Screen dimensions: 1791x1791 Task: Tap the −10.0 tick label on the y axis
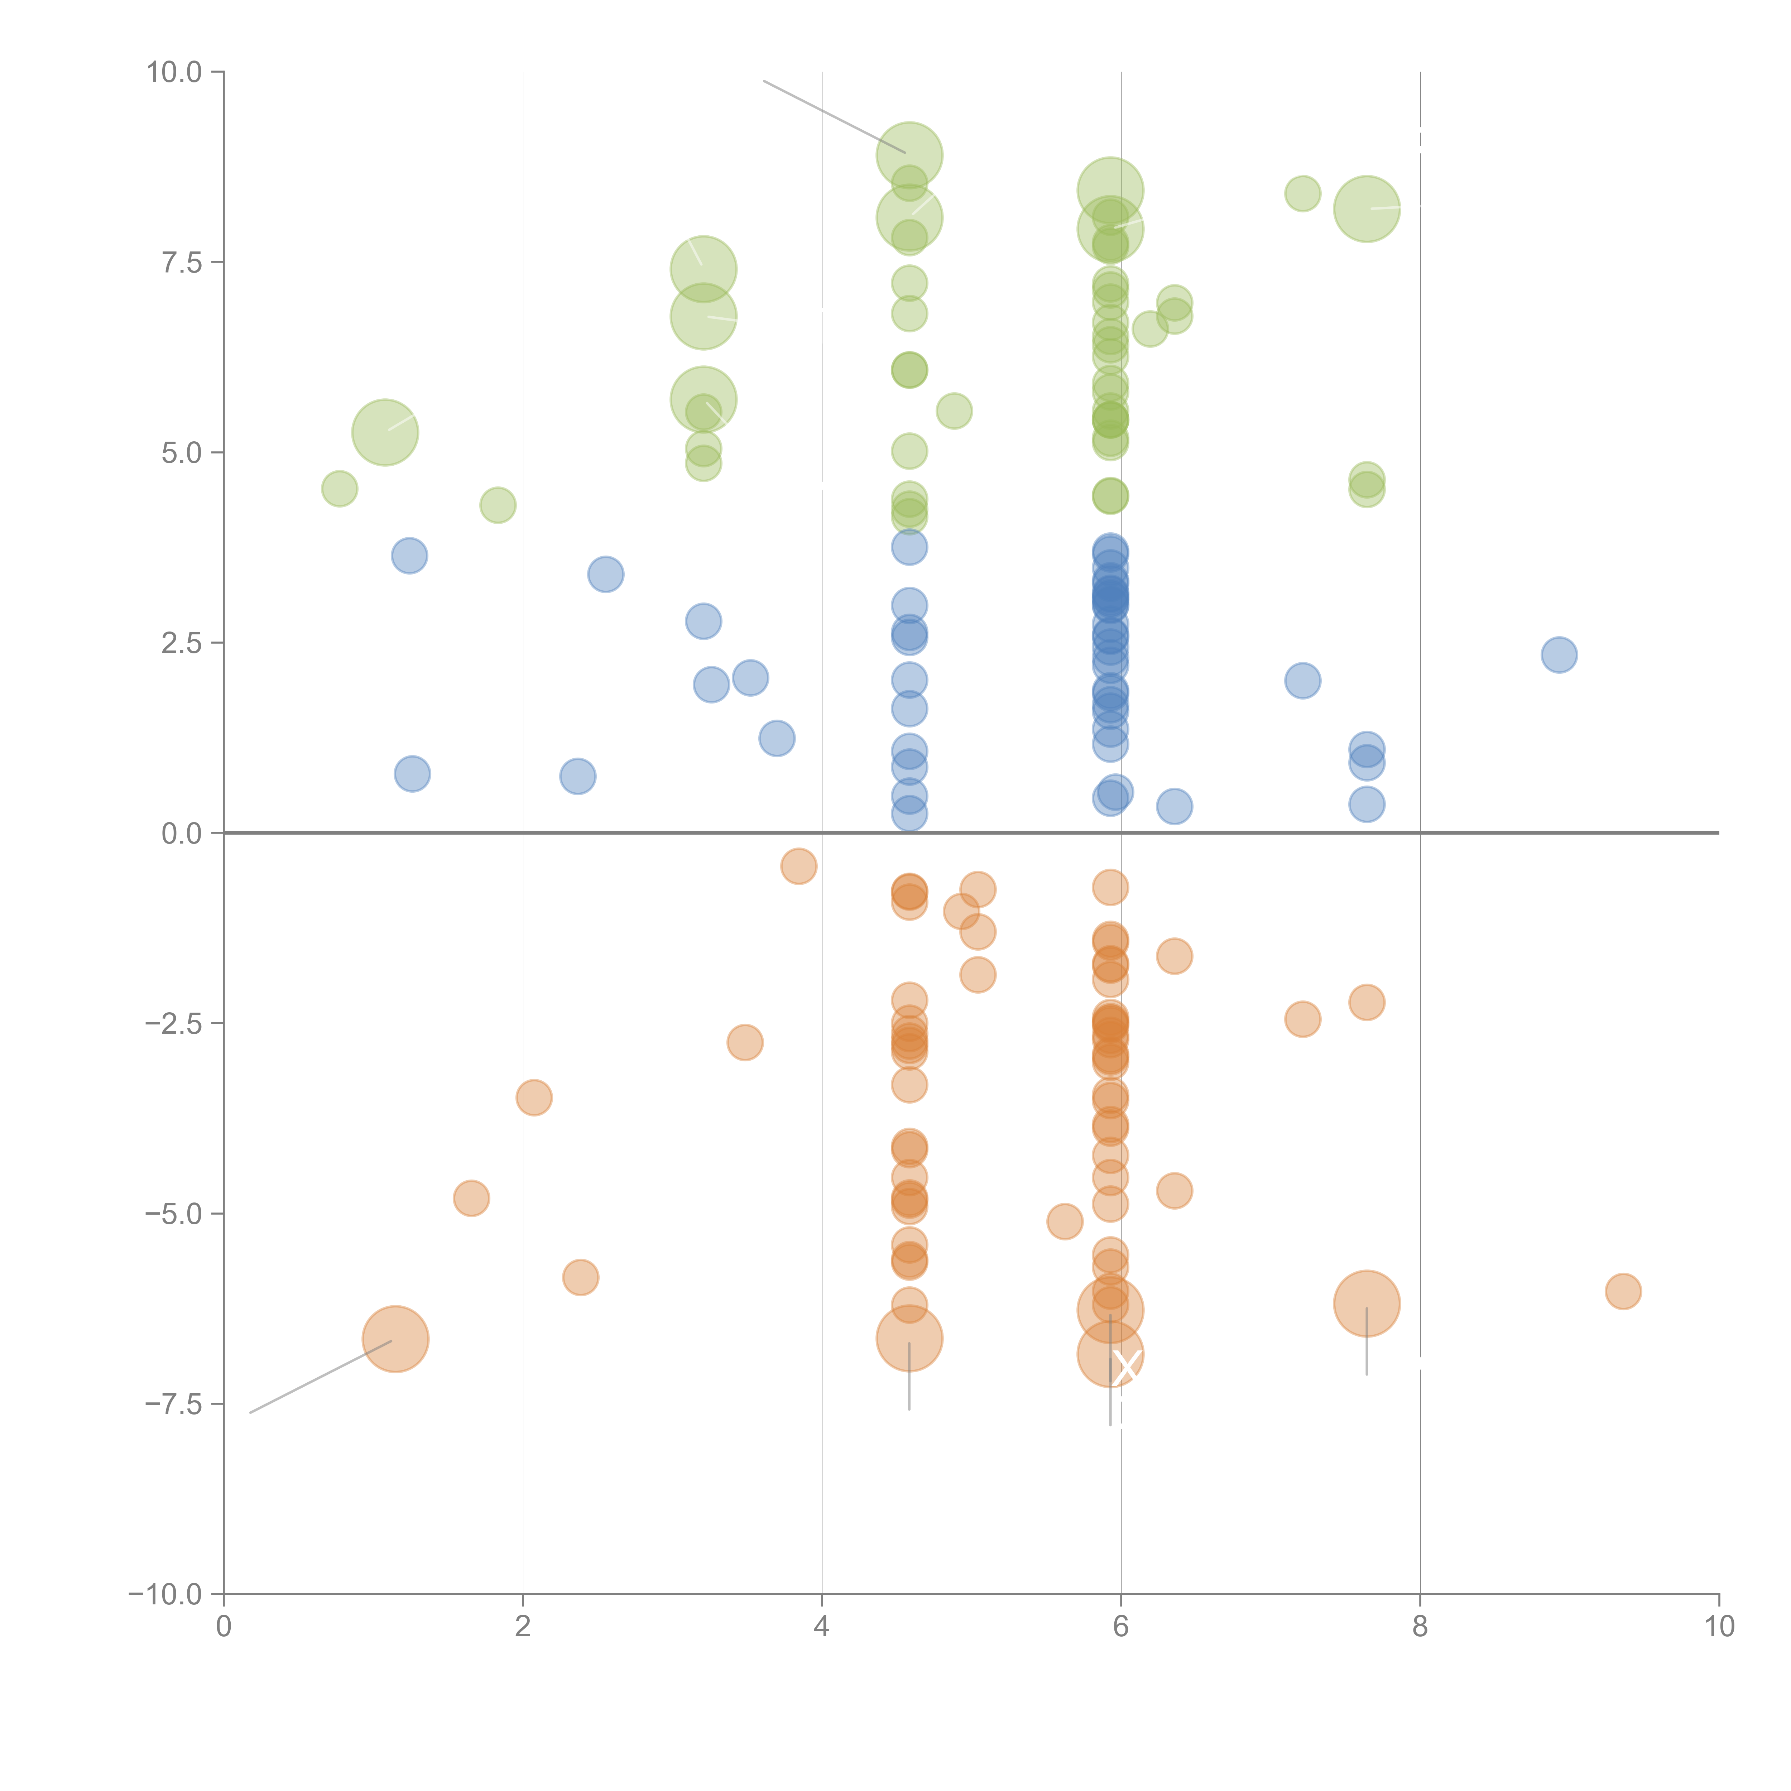point(165,1594)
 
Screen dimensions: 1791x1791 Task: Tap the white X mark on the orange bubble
point(1125,1367)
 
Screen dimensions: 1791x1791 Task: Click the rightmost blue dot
point(1559,654)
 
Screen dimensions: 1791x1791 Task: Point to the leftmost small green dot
point(339,489)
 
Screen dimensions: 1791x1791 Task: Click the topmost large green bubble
point(909,155)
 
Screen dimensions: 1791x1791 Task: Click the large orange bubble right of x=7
point(1367,1303)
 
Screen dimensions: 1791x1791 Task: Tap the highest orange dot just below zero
point(798,866)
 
